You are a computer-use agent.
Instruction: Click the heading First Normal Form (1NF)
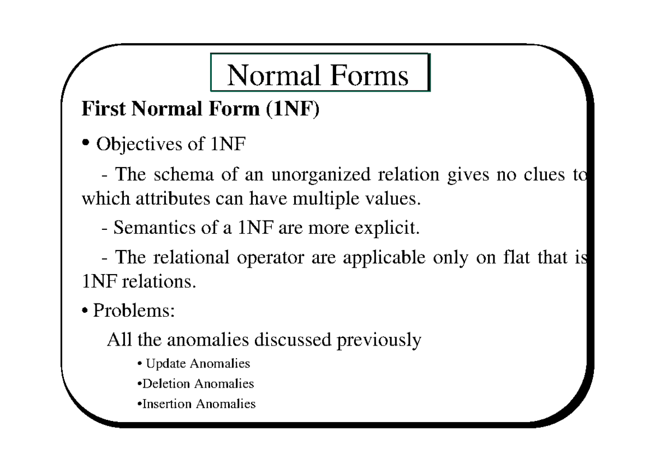[x=200, y=109]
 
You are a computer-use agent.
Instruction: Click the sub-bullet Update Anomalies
[x=195, y=364]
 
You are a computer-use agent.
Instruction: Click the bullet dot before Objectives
[x=85, y=144]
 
